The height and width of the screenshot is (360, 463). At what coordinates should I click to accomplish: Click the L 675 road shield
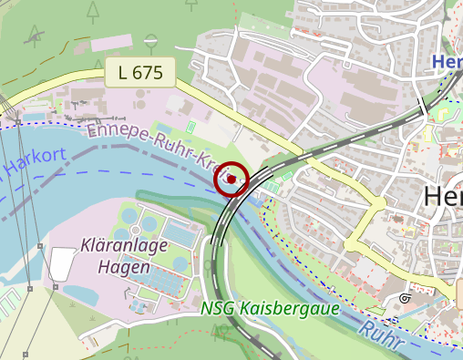tap(140, 73)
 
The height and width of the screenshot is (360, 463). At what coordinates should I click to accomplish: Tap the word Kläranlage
tap(123, 246)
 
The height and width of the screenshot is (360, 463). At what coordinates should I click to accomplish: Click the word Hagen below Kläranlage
tap(123, 268)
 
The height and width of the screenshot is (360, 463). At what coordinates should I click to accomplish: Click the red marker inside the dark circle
tap(231, 179)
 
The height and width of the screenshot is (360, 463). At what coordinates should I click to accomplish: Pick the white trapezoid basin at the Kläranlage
tap(61, 263)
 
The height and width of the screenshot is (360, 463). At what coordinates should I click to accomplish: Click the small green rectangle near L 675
tap(190, 126)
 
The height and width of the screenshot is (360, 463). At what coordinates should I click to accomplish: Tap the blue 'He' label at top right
tap(447, 62)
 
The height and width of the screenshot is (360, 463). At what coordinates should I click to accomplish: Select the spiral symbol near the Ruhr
tap(405, 298)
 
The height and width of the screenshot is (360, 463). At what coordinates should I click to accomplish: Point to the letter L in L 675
tap(122, 73)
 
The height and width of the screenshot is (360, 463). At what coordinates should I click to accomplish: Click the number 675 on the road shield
tap(148, 73)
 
